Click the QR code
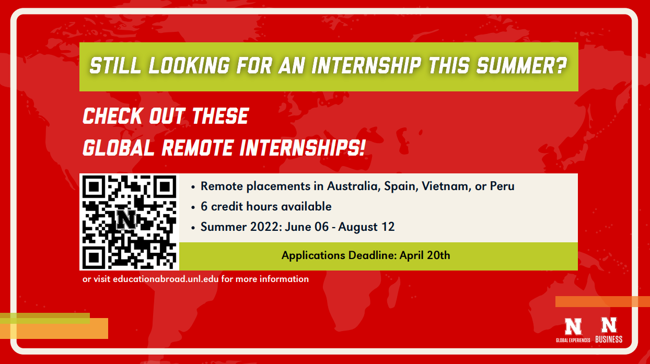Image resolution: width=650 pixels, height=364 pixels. coord(130,222)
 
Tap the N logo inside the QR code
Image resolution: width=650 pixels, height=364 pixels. coord(126,219)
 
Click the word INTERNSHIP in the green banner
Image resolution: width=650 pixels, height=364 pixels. coord(366,66)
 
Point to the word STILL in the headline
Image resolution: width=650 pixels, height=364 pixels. coord(115,66)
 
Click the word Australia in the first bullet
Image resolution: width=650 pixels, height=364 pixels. coord(354,186)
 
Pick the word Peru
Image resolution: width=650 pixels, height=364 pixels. coord(502,186)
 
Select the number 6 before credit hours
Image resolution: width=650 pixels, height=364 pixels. coord(204,206)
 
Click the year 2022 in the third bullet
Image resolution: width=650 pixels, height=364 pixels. coord(266,227)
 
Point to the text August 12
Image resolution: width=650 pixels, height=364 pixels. coord(366,227)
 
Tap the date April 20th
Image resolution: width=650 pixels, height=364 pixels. coord(425,255)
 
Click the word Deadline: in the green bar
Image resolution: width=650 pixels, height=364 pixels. coord(373,255)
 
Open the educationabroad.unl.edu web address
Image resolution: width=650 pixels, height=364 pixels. coord(166,279)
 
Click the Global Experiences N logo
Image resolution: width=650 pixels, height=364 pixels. coord(573,326)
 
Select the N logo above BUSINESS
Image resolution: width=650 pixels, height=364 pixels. coord(609,325)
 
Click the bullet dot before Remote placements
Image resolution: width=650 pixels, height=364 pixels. coord(193,187)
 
